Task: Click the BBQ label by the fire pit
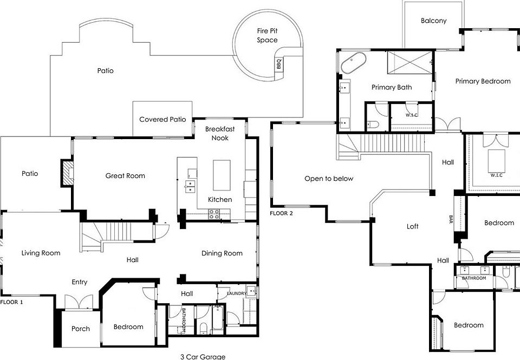[x=279, y=64]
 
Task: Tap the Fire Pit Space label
[x=267, y=36]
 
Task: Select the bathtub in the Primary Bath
[x=354, y=63]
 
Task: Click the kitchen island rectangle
[x=222, y=175]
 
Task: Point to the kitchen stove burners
[x=214, y=214]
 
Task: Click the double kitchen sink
[x=190, y=186]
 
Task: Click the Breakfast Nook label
[x=220, y=133]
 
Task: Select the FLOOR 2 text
[x=281, y=213]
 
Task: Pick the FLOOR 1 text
[x=11, y=302]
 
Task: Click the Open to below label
[x=329, y=179]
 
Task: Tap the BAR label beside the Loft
[x=451, y=219]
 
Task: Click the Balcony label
[x=433, y=21]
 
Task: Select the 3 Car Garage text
[x=203, y=357]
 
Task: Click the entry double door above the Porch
[x=79, y=302]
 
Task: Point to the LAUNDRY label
[x=237, y=293]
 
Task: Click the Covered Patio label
[x=162, y=119]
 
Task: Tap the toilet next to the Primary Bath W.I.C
[x=373, y=125]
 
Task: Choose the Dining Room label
[x=222, y=253]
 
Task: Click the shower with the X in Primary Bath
[x=409, y=63]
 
